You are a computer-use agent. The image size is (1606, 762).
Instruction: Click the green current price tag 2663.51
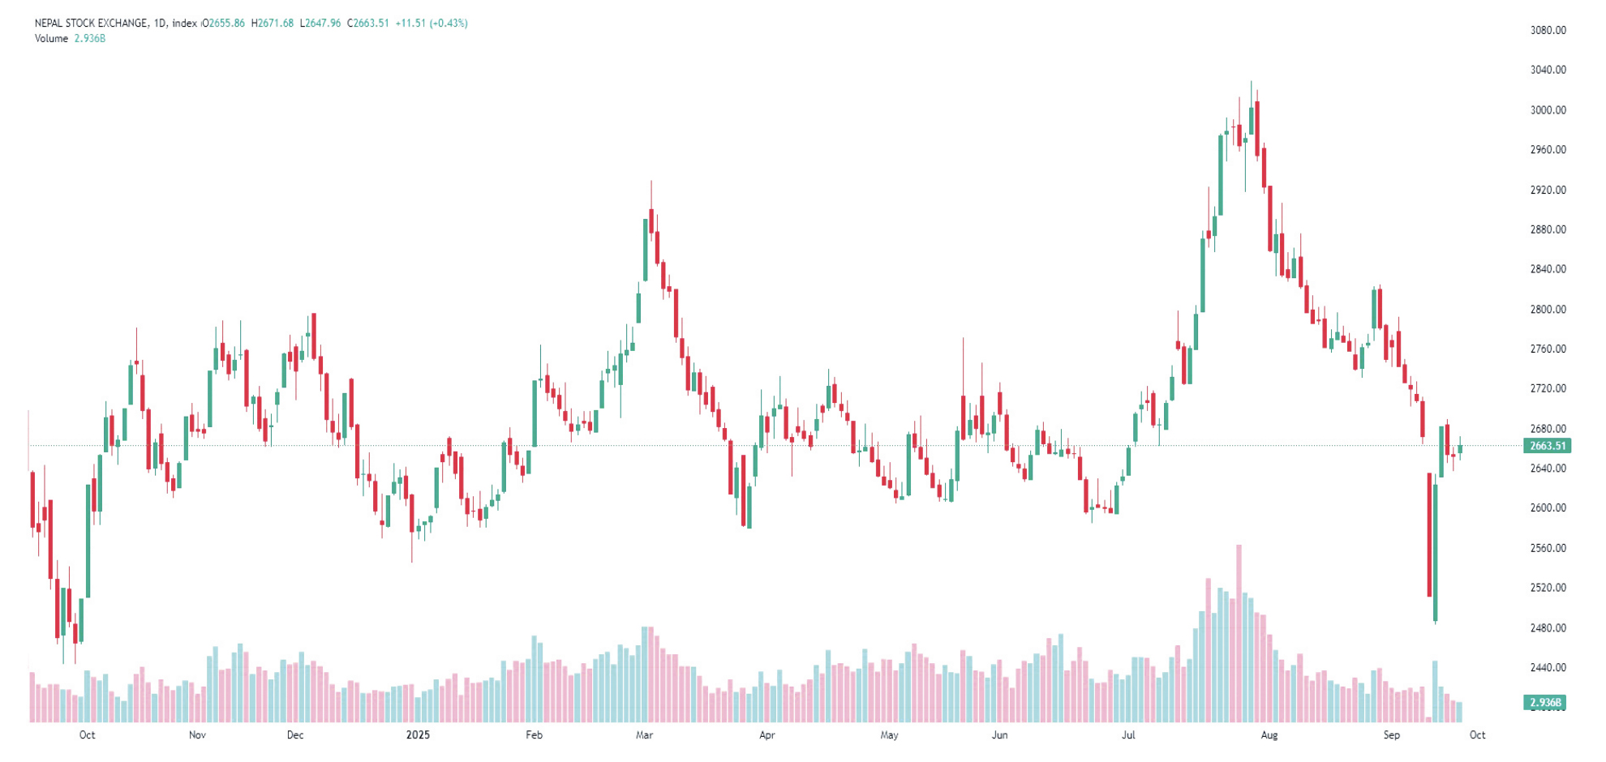(x=1547, y=446)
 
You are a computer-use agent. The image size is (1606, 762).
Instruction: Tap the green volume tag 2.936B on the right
(x=1544, y=703)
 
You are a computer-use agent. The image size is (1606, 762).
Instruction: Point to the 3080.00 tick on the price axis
(x=1548, y=30)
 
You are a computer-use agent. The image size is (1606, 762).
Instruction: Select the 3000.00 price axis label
(x=1548, y=110)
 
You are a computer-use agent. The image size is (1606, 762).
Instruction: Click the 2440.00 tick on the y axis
(x=1548, y=668)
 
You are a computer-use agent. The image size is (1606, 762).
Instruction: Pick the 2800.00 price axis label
(x=1548, y=310)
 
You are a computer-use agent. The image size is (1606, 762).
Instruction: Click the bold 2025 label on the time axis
(x=418, y=735)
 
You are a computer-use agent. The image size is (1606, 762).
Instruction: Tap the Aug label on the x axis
(x=1269, y=735)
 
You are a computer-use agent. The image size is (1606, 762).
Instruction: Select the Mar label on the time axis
(x=644, y=735)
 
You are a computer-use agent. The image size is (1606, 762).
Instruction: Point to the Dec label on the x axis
(x=295, y=735)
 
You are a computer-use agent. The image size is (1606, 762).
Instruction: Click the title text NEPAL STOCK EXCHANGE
(x=92, y=24)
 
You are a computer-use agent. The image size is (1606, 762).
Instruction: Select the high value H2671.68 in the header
(x=273, y=24)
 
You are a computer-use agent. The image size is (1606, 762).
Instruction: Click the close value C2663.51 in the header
(x=368, y=24)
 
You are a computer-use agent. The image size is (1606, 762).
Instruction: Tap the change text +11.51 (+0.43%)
(x=432, y=24)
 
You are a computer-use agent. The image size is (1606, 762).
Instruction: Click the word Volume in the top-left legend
(x=51, y=39)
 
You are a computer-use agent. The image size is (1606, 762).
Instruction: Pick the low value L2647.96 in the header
(x=320, y=24)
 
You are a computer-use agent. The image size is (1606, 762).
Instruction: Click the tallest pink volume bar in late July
(x=1239, y=632)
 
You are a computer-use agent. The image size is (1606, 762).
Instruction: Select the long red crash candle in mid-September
(x=1429, y=535)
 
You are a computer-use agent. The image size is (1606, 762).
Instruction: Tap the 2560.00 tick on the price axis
(x=1548, y=549)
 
